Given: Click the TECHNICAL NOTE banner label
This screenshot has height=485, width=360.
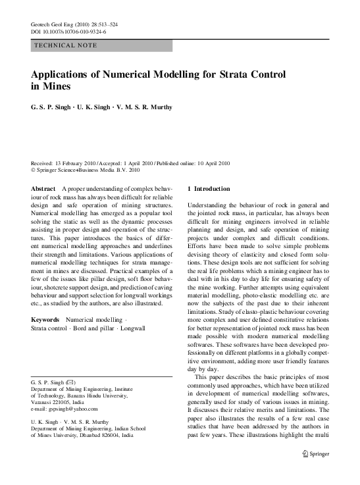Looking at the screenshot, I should [65, 45].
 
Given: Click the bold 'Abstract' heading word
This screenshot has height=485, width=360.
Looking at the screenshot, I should [43, 189].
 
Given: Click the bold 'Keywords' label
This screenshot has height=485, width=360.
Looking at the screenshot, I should [45, 319].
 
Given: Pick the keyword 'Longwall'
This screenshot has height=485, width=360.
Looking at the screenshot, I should [130, 328].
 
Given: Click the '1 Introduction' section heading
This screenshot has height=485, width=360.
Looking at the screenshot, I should [209, 189].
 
